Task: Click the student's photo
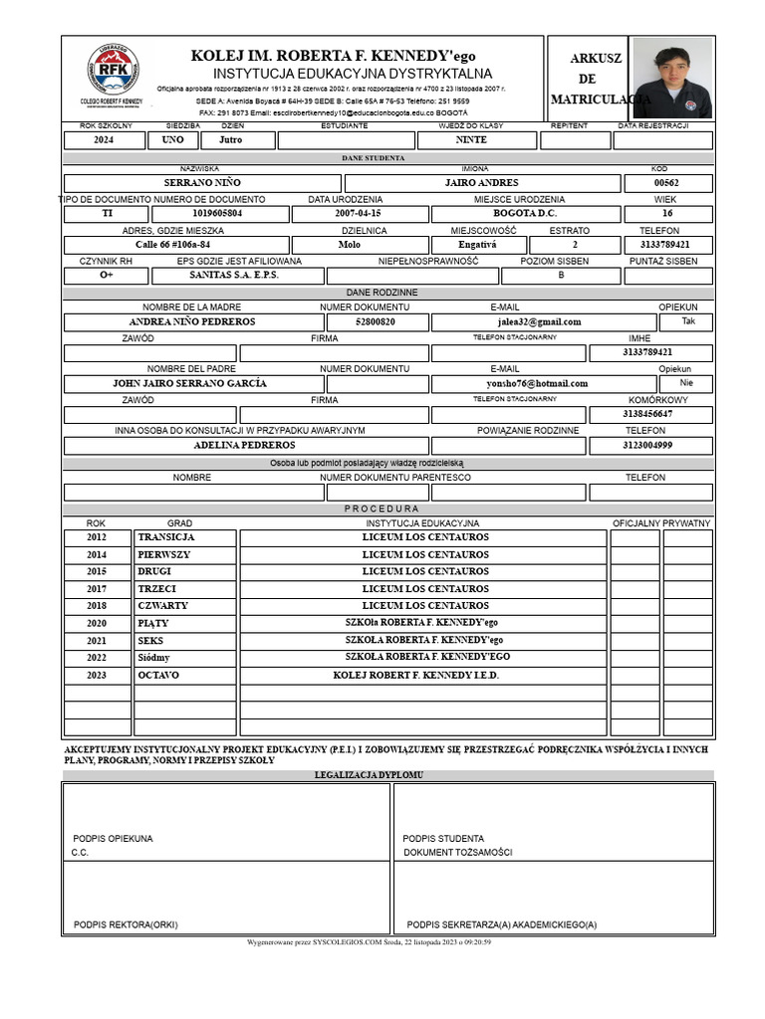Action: click(672, 78)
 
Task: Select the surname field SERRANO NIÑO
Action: click(201, 183)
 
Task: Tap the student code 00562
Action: click(666, 183)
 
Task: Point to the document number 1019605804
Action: click(216, 214)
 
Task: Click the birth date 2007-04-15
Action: click(358, 214)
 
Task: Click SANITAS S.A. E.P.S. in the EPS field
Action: click(234, 275)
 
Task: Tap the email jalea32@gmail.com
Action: click(539, 322)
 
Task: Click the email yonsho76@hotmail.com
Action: click(537, 383)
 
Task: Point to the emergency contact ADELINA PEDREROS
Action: click(243, 445)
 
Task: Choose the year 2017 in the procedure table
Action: click(96, 589)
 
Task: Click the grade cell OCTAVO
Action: click(158, 675)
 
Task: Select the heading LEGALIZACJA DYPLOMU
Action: click(369, 774)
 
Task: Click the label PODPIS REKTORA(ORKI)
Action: click(126, 924)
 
